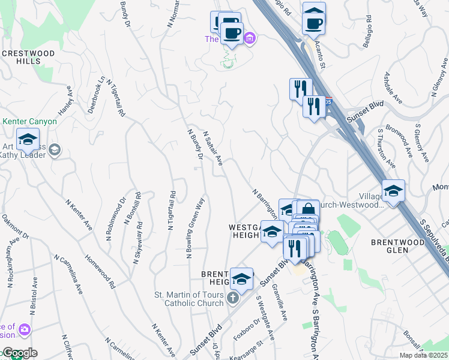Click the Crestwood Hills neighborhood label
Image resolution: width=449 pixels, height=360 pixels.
(x=28, y=58)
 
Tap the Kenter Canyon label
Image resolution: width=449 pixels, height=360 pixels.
(x=30, y=121)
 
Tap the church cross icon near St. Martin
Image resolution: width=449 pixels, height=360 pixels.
(x=234, y=298)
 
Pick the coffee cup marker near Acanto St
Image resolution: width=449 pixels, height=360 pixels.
(x=314, y=23)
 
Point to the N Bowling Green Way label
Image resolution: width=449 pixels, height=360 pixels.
(x=196, y=228)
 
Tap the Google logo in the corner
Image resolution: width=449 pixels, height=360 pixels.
(x=19, y=353)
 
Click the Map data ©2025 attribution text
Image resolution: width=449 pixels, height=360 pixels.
(x=423, y=355)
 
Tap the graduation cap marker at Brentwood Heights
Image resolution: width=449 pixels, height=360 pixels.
(x=241, y=280)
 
